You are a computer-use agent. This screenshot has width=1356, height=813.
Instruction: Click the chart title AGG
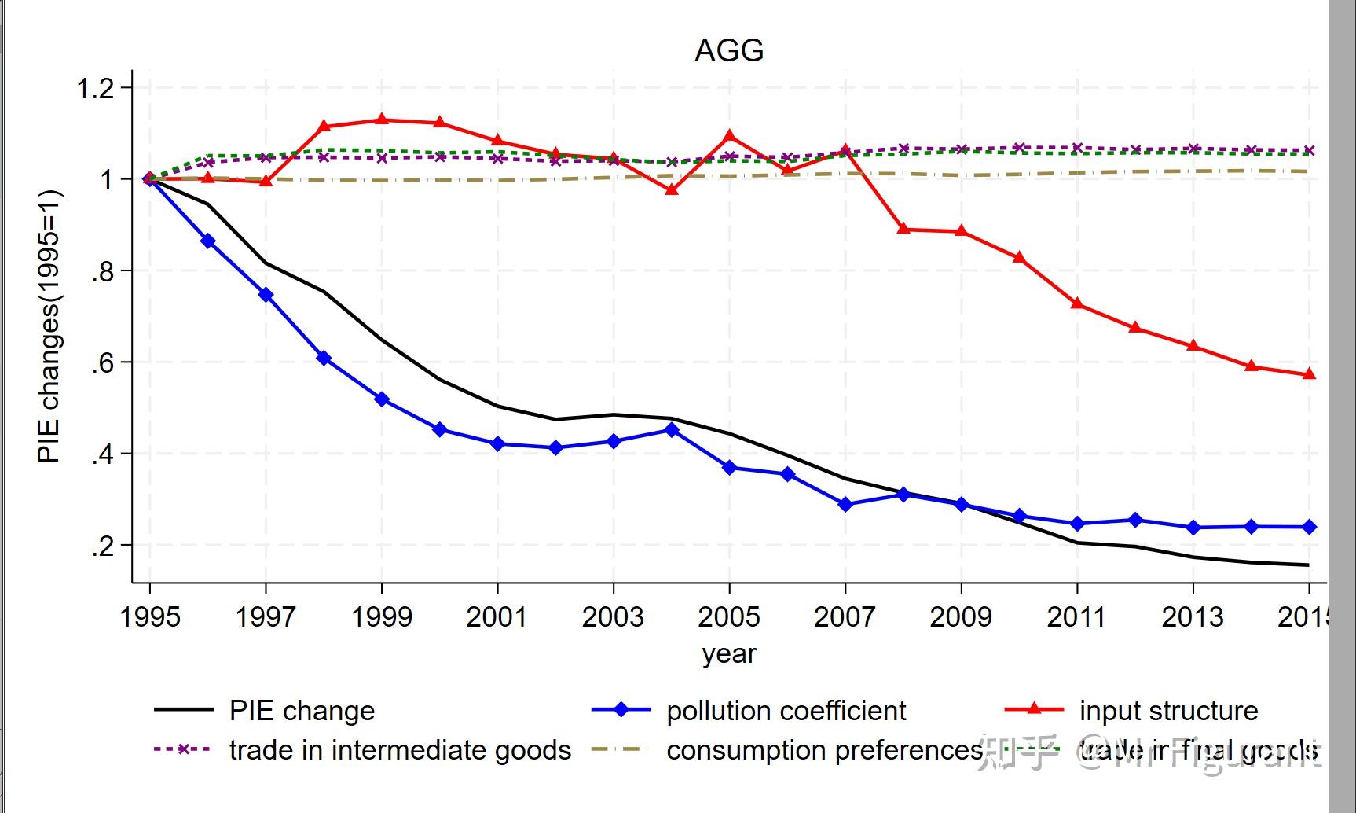coord(729,51)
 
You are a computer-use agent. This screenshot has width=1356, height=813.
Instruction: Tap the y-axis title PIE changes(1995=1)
coord(49,326)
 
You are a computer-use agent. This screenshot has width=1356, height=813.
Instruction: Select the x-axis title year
coord(729,653)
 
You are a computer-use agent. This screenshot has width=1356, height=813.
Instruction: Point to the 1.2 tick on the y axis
coord(95,88)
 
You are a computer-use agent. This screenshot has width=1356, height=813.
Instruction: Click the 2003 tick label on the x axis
coord(613,617)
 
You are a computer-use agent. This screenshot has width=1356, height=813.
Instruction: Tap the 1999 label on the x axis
coord(382,617)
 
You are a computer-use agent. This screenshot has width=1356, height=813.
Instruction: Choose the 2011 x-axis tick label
coord(1076,617)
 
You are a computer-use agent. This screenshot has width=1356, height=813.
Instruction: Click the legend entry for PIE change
coord(302,711)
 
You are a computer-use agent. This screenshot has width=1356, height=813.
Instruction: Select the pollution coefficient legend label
coord(786,711)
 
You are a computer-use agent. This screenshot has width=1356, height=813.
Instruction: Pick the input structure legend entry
coord(1168,711)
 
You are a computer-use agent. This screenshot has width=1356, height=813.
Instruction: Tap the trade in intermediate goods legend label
coord(400,750)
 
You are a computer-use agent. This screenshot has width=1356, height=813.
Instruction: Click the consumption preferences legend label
coord(824,750)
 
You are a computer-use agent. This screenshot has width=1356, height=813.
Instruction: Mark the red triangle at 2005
coord(729,136)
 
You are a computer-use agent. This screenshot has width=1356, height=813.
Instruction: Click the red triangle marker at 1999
coord(382,120)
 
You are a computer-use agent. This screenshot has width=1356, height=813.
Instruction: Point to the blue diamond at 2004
coord(672,430)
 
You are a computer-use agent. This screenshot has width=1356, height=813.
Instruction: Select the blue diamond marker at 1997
coord(266,295)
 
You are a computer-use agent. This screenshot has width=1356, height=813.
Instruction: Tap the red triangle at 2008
coord(903,229)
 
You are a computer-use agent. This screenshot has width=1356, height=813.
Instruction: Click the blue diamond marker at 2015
coord(1310,527)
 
